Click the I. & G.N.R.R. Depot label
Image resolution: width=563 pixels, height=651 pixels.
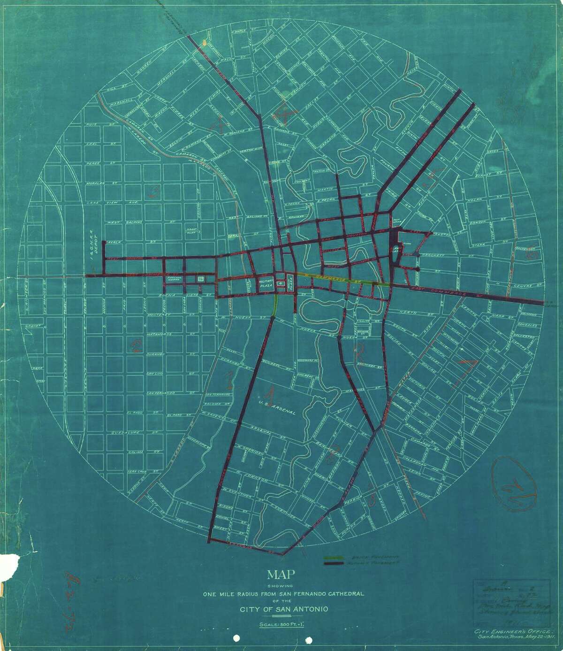click(93, 239)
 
